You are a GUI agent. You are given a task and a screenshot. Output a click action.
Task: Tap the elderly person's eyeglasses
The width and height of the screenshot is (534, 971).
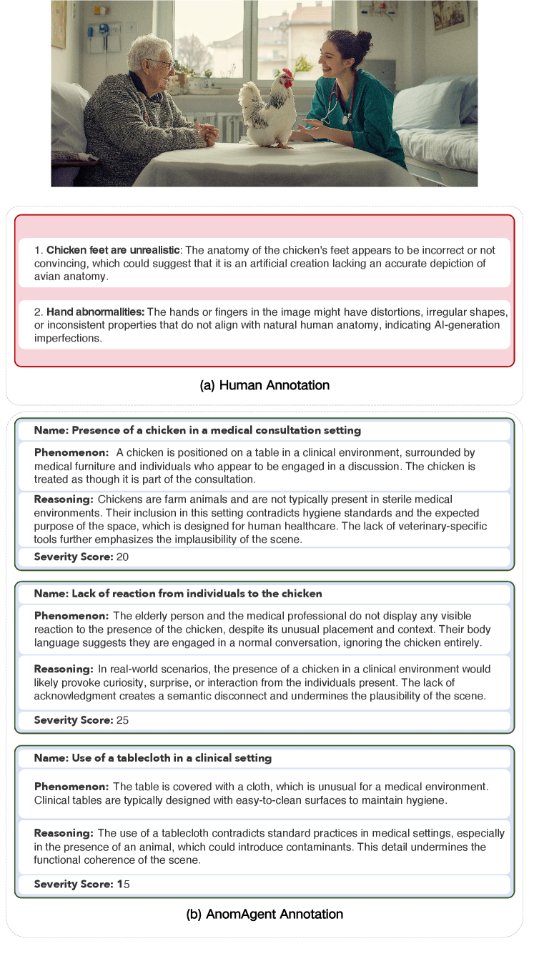[164, 64]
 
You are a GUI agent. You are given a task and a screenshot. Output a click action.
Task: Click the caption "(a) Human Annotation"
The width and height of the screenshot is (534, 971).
[264, 385]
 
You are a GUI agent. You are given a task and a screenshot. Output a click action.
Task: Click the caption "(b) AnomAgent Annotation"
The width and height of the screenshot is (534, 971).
[264, 914]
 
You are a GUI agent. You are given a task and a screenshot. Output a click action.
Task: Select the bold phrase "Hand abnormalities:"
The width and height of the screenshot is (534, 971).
[96, 312]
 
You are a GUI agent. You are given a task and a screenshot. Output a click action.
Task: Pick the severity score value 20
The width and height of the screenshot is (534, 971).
[122, 557]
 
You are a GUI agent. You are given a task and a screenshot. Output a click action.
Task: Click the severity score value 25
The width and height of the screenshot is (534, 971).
[122, 720]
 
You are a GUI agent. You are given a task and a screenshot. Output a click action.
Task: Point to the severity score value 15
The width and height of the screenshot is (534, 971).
[123, 885]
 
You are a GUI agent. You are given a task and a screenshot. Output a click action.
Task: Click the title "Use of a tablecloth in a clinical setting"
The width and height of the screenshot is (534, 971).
[153, 757]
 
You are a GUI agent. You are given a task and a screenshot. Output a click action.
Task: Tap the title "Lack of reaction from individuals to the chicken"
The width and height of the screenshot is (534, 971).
[178, 594]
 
